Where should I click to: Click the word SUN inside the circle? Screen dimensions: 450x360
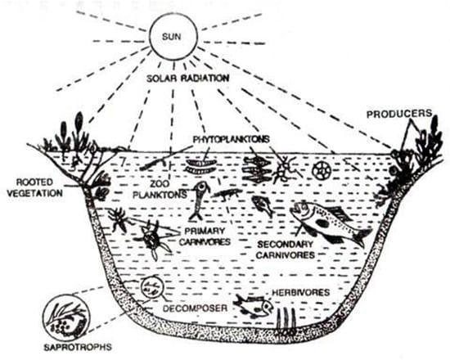pyautogui.click(x=172, y=37)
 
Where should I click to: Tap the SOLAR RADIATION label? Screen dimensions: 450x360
pyautogui.click(x=188, y=78)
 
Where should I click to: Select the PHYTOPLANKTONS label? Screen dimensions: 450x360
pyautogui.click(x=232, y=139)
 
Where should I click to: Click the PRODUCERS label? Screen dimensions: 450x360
pyautogui.click(x=399, y=114)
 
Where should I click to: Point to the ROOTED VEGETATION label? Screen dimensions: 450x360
pyautogui.click(x=34, y=187)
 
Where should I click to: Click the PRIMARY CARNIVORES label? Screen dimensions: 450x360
pyautogui.click(x=205, y=236)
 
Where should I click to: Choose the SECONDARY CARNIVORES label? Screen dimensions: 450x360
pyautogui.click(x=286, y=250)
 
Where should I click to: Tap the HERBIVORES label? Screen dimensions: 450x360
pyautogui.click(x=301, y=293)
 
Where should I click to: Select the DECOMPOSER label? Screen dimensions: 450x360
pyautogui.click(x=196, y=308)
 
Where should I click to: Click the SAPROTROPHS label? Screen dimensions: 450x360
pyautogui.click(x=78, y=347)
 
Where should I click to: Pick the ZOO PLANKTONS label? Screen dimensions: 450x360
pyautogui.click(x=160, y=190)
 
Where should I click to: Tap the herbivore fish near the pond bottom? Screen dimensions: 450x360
pyautogui.click(x=254, y=307)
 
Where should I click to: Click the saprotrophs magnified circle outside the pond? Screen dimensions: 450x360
pyautogui.click(x=66, y=318)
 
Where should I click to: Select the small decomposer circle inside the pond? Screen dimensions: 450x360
pyautogui.click(x=152, y=288)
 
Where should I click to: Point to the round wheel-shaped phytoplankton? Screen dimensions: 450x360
pyautogui.click(x=322, y=170)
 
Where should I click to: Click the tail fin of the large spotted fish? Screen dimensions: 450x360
pyautogui.click(x=362, y=237)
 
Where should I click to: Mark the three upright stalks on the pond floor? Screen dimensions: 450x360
pyautogui.click(x=286, y=319)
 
